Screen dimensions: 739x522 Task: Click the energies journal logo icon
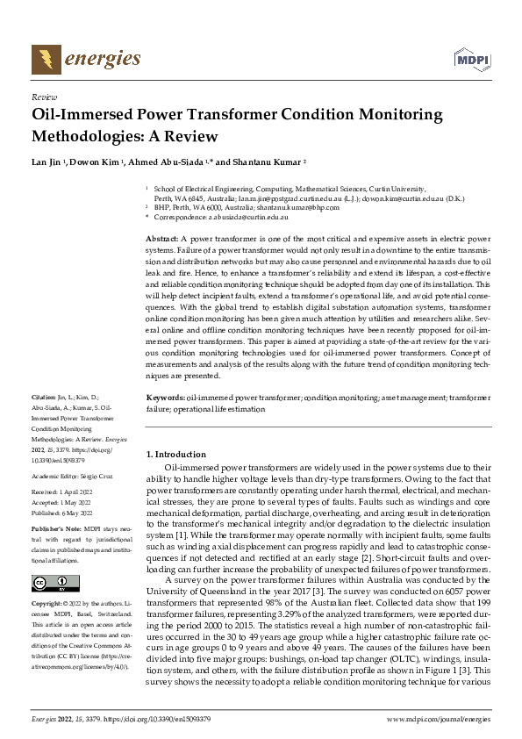coord(46,60)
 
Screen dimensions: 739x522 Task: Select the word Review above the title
coord(44,97)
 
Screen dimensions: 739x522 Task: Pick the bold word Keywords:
coord(165,398)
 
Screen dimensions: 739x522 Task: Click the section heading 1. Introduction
coord(175,455)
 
